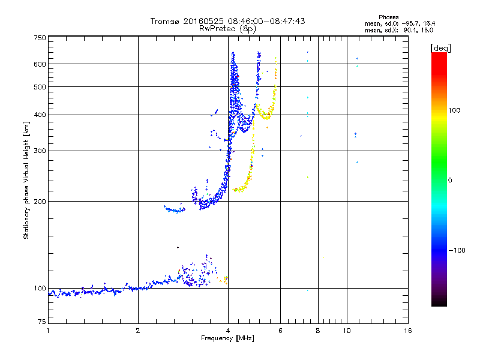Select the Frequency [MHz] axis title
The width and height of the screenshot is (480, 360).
(x=227, y=338)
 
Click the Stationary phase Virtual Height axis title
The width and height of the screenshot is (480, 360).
(x=26, y=180)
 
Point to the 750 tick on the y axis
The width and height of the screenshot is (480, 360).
(x=40, y=38)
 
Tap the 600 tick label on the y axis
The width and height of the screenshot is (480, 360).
(x=40, y=64)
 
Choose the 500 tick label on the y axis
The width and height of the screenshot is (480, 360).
(x=40, y=87)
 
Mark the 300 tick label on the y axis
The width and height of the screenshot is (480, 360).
(x=40, y=151)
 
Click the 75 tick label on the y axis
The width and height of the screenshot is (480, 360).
(x=41, y=323)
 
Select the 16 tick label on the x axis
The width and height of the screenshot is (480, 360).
(x=407, y=331)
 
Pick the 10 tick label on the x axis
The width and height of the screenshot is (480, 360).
(x=346, y=331)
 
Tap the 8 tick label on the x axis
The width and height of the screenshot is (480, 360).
(x=318, y=331)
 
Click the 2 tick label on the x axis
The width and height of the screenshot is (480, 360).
(x=138, y=331)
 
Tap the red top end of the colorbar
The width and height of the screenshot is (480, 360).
(x=439, y=55)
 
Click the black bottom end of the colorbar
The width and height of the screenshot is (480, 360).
(x=439, y=304)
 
